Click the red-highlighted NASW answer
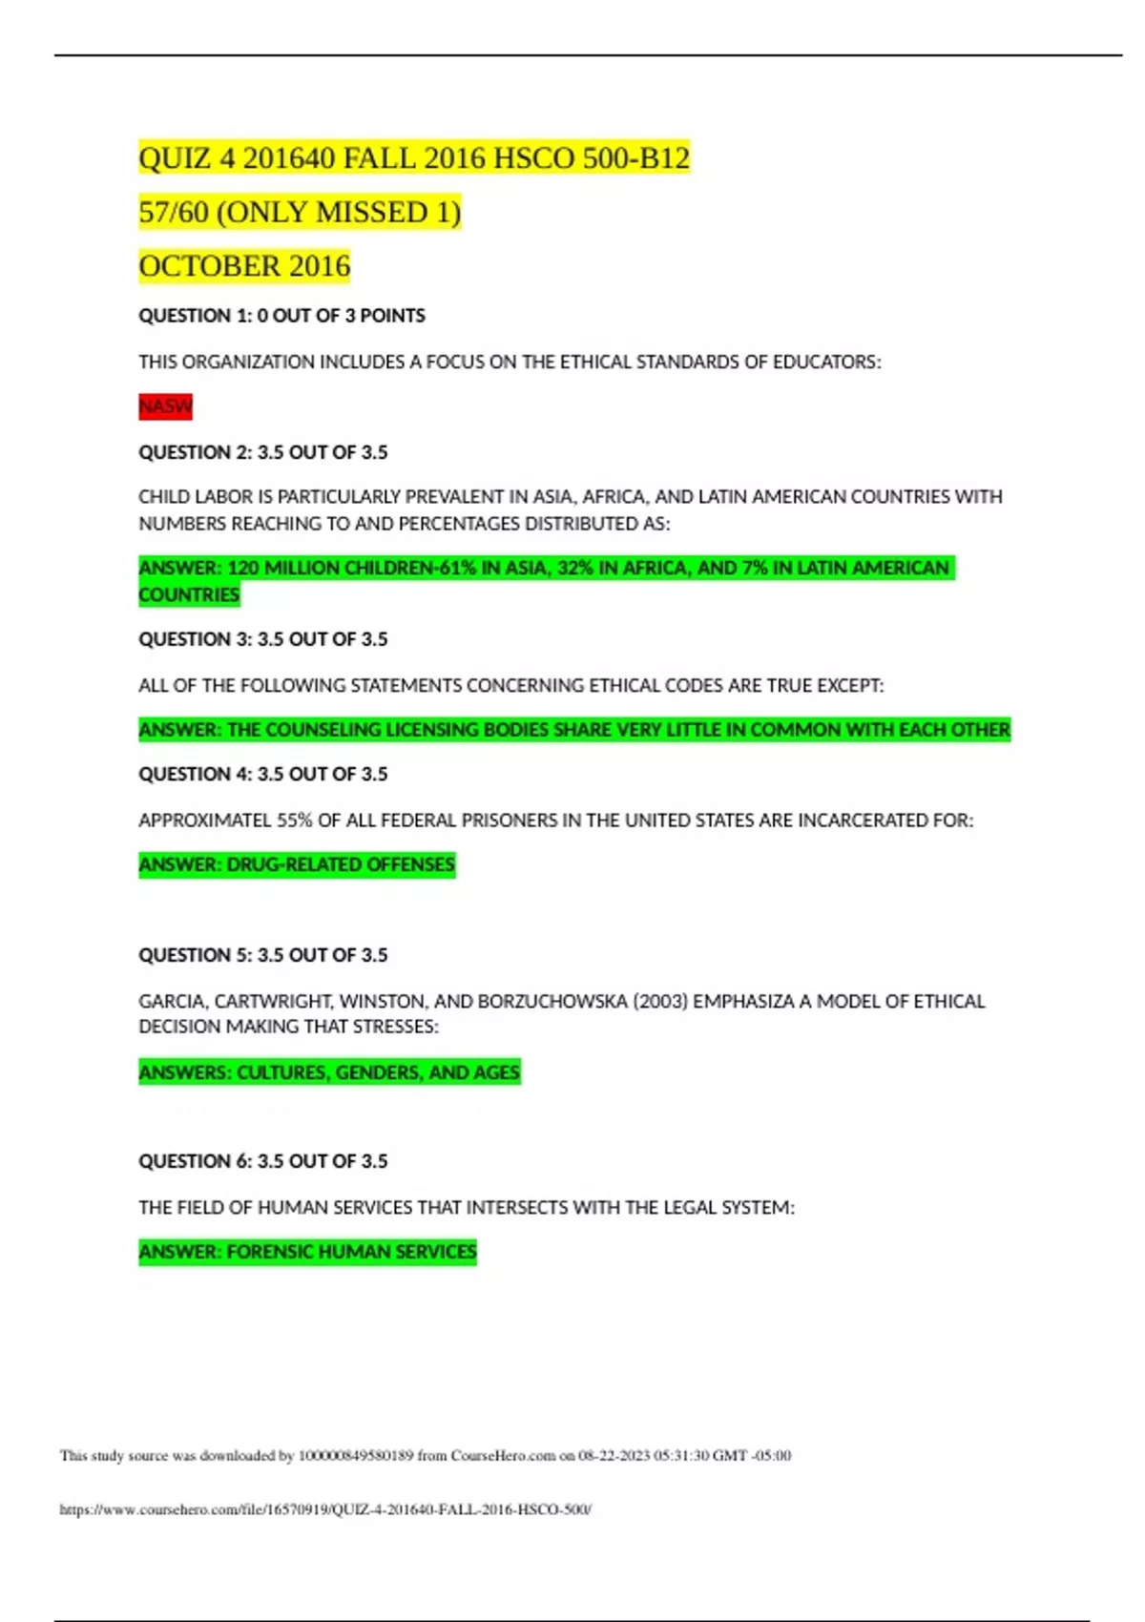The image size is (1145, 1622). click(x=165, y=406)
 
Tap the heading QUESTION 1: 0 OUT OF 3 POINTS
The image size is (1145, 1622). click(x=281, y=316)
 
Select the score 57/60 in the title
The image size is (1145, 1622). click(x=173, y=212)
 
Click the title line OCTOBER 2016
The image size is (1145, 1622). click(x=244, y=266)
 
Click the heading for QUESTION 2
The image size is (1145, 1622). click(x=262, y=452)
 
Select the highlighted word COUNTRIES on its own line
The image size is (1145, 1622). click(x=189, y=595)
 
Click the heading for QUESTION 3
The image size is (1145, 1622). click(x=262, y=639)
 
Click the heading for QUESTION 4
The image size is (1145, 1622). click(x=262, y=774)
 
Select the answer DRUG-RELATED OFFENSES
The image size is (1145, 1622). click(x=340, y=865)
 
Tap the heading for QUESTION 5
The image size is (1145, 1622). click(x=262, y=955)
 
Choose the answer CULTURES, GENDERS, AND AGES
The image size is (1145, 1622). click(x=378, y=1072)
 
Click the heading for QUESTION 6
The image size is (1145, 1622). click(x=262, y=1161)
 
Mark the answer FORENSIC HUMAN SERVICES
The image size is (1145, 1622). click(x=351, y=1252)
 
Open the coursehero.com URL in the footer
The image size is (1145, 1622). click(x=325, y=1509)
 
